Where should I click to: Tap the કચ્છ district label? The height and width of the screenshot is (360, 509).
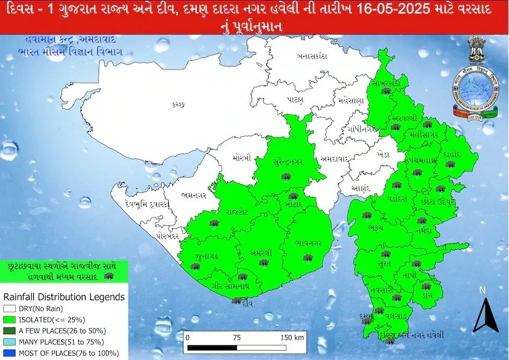point(178,105)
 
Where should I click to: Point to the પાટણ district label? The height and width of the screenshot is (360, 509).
point(295,98)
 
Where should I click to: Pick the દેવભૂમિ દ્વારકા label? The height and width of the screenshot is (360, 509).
point(148,204)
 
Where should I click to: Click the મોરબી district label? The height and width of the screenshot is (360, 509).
point(242,158)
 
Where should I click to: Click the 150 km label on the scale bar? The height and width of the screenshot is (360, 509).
point(291,338)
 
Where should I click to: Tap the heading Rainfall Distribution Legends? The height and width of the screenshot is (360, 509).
point(65,297)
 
